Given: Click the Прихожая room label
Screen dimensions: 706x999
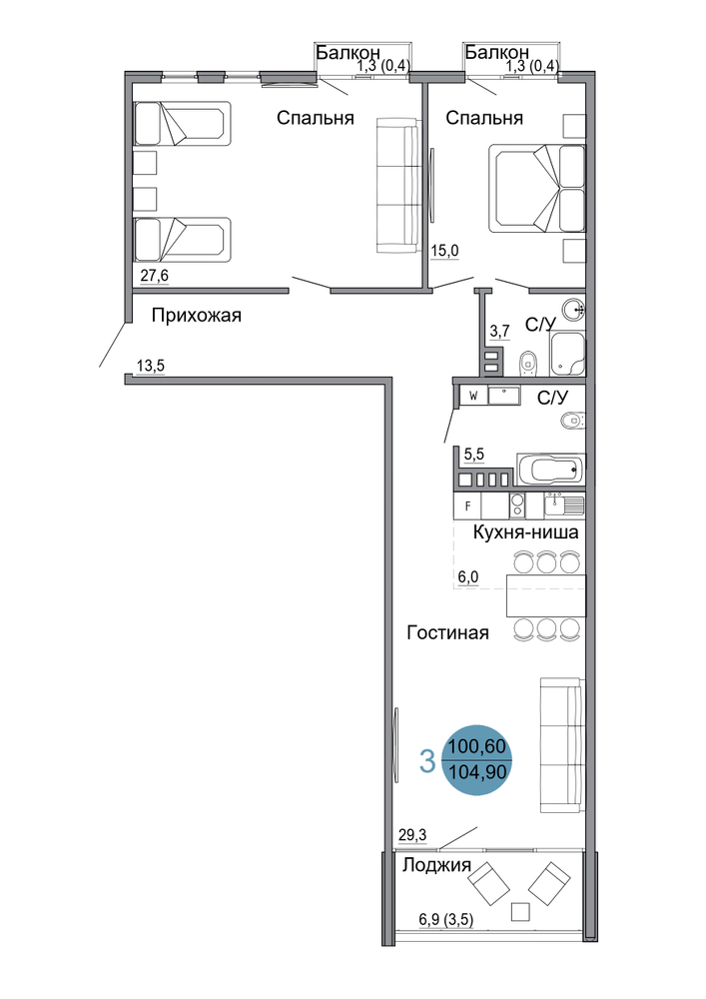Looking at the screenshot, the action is click(196, 315).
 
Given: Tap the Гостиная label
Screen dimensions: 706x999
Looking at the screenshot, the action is click(447, 632).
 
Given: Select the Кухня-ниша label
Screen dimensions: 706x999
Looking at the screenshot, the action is click(525, 532).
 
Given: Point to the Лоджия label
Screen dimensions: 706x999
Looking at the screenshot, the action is click(436, 864).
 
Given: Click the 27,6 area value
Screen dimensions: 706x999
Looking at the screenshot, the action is click(155, 276).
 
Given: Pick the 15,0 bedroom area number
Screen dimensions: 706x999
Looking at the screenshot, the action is click(445, 251).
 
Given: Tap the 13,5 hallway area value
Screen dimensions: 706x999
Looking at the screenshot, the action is click(151, 366).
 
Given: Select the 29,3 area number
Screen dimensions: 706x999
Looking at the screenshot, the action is click(412, 834).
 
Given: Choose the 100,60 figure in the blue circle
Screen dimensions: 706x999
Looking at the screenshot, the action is click(476, 745).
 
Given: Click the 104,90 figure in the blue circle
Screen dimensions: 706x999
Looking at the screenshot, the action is click(477, 772).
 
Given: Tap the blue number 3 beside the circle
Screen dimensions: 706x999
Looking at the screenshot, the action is click(427, 760).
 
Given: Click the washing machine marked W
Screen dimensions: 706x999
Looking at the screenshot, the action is click(473, 396).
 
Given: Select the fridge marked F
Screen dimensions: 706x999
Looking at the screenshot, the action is click(468, 506).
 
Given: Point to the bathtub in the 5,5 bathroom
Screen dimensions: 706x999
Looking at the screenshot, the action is click(550, 471).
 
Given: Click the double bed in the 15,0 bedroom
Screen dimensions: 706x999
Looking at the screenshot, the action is click(536, 189).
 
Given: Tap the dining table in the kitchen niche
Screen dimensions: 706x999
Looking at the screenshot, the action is click(546, 595).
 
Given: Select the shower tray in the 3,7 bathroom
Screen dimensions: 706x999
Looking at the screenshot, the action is click(568, 355).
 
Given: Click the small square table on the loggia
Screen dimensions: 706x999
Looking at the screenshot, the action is click(520, 912).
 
